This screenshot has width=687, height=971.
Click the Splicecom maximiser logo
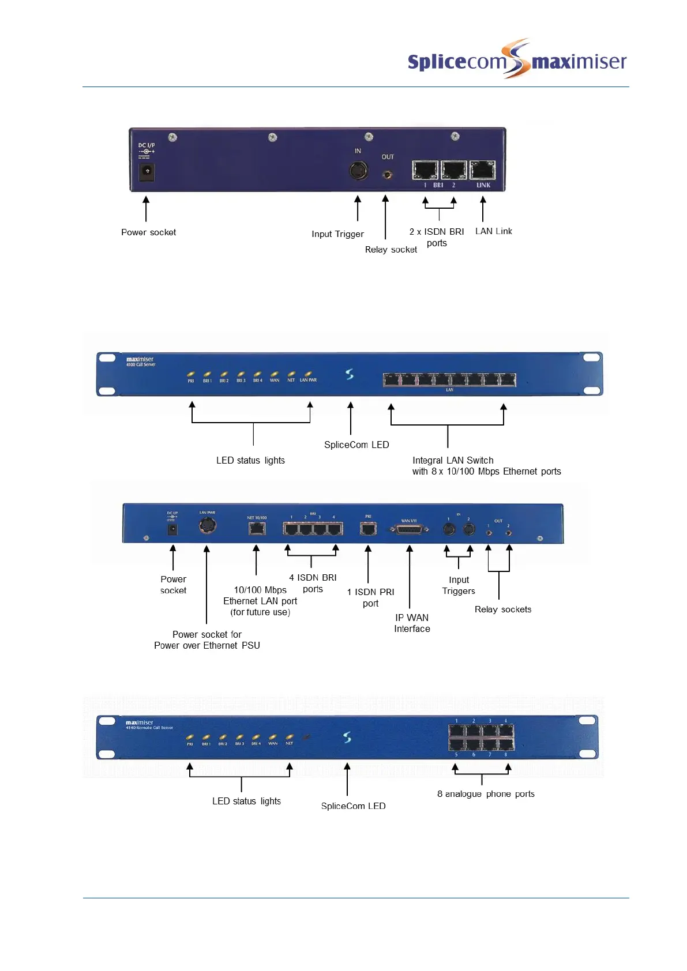click(x=516, y=60)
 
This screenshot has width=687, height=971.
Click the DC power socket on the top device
click(x=147, y=171)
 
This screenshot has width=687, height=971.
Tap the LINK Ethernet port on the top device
click(x=483, y=170)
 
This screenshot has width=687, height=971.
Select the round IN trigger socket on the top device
click(x=359, y=171)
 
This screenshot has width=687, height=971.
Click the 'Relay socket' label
click(x=391, y=250)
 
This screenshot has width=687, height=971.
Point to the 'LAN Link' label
click(x=493, y=231)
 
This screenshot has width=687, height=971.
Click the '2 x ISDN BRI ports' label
click(x=437, y=237)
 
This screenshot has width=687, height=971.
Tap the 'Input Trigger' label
click(x=337, y=234)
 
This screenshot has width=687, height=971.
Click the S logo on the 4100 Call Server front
click(x=350, y=374)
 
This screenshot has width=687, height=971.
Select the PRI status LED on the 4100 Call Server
click(x=191, y=374)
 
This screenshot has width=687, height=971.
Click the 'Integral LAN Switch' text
click(x=453, y=460)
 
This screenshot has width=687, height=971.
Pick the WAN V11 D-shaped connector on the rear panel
click(x=410, y=529)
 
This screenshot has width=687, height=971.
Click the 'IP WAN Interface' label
click(x=412, y=623)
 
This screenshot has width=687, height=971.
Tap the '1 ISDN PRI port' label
click(x=370, y=597)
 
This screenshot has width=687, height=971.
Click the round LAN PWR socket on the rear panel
click(x=207, y=525)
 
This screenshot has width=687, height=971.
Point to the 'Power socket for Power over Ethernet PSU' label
click(x=207, y=639)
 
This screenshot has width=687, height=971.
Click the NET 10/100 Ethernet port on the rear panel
click(x=257, y=528)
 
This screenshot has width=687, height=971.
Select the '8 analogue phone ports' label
click(x=486, y=794)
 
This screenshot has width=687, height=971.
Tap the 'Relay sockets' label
click(x=503, y=609)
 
